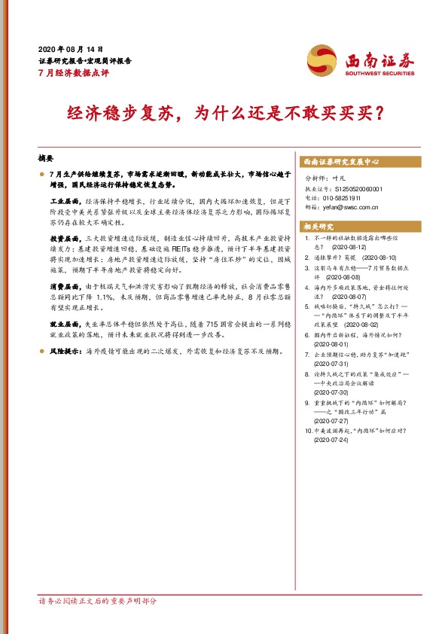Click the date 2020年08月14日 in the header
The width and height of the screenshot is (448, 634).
70,47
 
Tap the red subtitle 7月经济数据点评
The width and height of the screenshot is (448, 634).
74,72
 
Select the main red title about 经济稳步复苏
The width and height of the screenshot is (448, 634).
224,113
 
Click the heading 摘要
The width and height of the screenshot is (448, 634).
46,160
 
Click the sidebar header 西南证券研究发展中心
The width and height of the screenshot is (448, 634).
340,162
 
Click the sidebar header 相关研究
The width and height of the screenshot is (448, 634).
318,226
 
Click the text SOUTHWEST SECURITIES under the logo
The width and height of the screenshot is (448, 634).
379,74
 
